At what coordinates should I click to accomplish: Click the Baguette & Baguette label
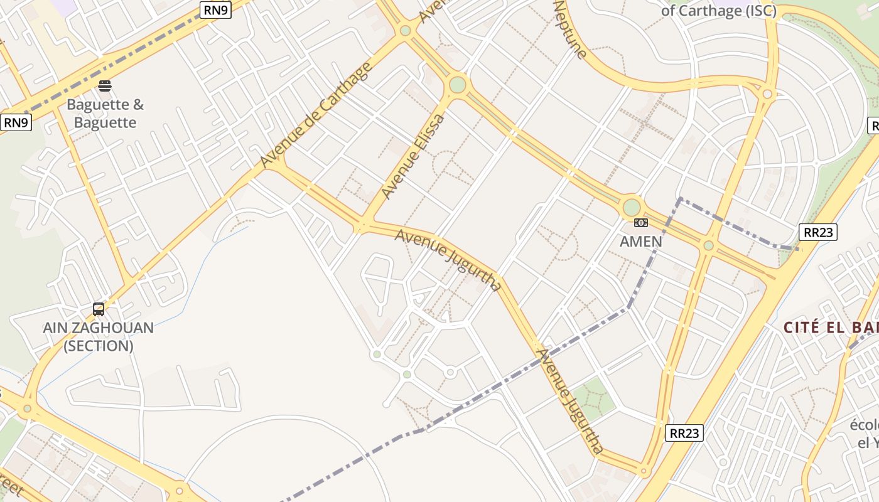(105, 114)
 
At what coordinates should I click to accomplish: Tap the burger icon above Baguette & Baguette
(105, 86)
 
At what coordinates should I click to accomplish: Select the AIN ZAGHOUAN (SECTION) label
(99, 336)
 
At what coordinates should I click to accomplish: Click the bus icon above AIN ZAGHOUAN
(99, 309)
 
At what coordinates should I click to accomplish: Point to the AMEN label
(640, 242)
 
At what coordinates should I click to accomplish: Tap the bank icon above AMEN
(640, 223)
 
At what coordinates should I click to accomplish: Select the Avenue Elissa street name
(413, 157)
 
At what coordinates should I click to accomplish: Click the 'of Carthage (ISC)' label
(719, 11)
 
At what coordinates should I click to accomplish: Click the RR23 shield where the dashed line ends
(819, 232)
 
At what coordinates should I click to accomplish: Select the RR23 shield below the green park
(684, 433)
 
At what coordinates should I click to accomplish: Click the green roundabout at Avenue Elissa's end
(458, 84)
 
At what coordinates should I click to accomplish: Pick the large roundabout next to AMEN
(631, 207)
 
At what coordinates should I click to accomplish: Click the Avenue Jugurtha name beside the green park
(569, 402)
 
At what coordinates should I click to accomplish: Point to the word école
(864, 425)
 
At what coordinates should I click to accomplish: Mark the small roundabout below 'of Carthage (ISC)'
(767, 94)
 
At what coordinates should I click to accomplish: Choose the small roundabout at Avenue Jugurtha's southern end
(643, 470)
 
